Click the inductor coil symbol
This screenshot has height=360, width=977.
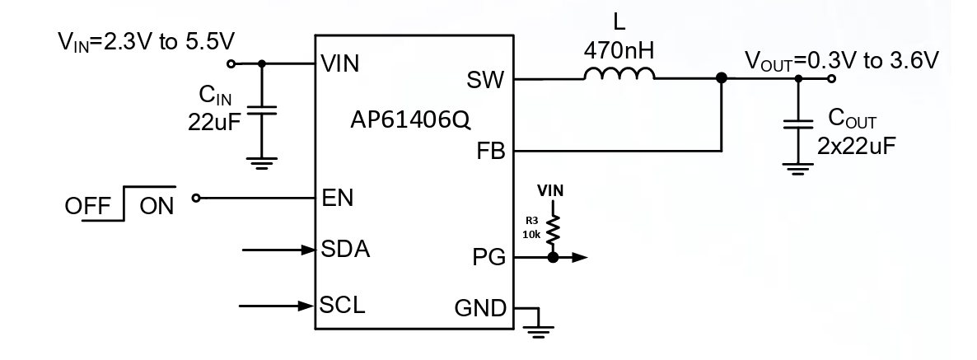coord(619,76)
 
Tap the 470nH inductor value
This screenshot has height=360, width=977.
coord(619,51)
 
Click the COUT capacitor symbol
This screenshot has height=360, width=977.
coord(797,125)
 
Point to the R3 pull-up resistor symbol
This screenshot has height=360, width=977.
coord(553,227)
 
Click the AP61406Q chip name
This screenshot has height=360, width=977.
coord(409,120)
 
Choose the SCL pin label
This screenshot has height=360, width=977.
coord(343,306)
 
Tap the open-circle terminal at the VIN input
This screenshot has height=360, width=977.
coord(231,63)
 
